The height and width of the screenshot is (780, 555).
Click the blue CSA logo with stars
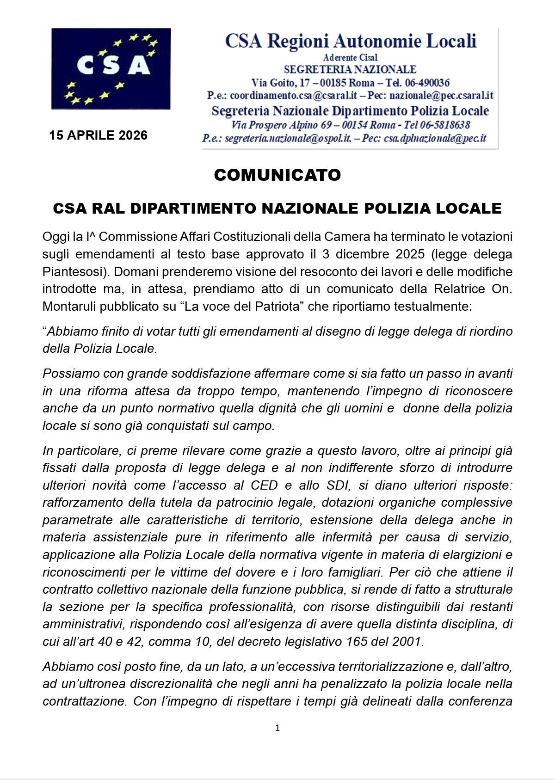pyautogui.click(x=111, y=68)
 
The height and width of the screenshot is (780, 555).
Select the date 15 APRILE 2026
pyautogui.click(x=98, y=135)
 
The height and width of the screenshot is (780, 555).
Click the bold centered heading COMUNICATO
pyautogui.click(x=277, y=175)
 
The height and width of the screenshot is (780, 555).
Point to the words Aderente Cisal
pyautogui.click(x=350, y=57)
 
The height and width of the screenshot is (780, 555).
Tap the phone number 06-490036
pyautogui.click(x=427, y=83)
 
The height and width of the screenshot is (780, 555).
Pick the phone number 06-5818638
pyautogui.click(x=445, y=125)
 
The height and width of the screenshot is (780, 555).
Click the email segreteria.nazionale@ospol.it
pyautogui.click(x=288, y=138)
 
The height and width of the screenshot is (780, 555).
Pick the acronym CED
pyautogui.click(x=264, y=485)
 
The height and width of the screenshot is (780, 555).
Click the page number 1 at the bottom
pyautogui.click(x=277, y=728)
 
